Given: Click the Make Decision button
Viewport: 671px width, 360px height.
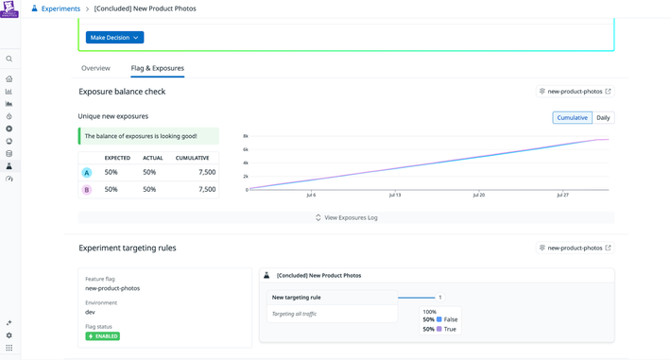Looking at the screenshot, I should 114,38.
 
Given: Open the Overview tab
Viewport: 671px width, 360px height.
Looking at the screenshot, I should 95,68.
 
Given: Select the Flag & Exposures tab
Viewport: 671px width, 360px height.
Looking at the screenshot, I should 157,68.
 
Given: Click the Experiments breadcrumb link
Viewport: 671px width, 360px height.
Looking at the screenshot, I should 60,9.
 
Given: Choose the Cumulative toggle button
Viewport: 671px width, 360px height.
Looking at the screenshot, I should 572,118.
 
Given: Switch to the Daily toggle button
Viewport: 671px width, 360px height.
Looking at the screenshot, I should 603,118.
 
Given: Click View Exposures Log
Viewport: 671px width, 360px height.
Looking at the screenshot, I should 346,217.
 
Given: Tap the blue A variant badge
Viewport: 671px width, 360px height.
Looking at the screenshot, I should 87,173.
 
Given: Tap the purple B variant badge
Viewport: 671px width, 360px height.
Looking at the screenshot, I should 87,190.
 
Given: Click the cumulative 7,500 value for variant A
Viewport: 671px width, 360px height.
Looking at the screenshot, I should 207,173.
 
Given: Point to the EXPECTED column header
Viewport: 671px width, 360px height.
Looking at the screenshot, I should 117,158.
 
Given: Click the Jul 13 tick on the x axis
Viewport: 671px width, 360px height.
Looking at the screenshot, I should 394,195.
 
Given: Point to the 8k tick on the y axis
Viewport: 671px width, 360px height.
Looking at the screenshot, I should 246,136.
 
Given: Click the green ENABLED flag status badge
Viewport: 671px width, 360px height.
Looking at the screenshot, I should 103,336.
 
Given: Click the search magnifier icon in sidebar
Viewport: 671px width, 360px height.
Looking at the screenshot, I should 9,59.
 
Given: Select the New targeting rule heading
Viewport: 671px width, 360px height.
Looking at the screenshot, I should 296,298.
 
